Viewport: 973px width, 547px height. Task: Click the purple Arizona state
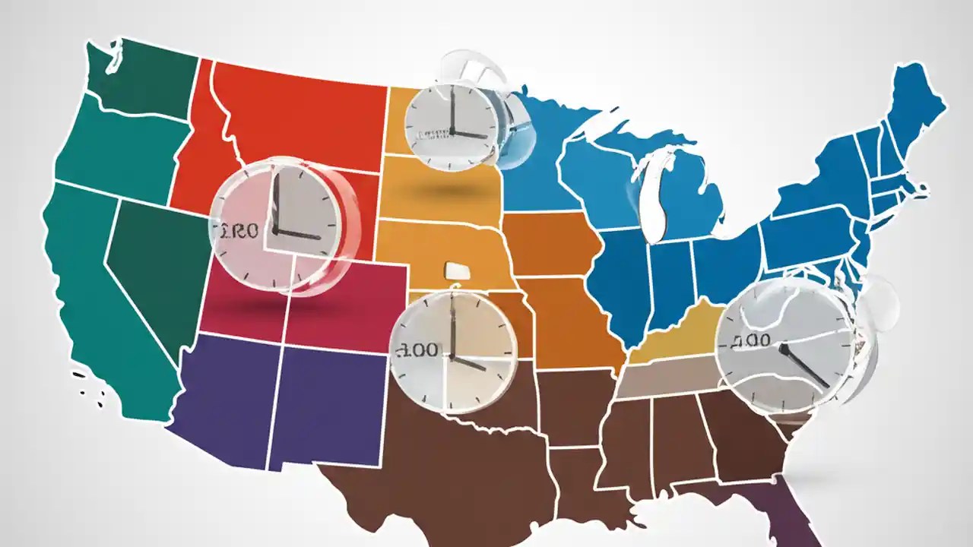click(224, 395)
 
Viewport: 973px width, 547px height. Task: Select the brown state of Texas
click(456, 456)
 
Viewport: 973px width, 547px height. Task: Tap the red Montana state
click(304, 114)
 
